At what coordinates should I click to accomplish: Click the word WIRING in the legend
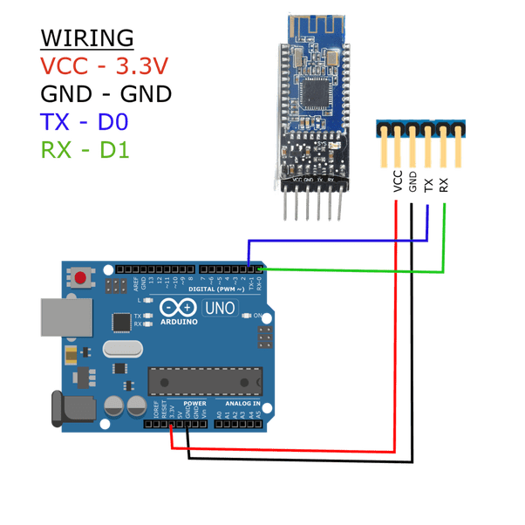(87, 38)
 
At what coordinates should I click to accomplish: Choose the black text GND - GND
(106, 93)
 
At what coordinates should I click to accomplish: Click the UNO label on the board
(219, 307)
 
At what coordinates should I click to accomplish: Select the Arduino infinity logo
(177, 308)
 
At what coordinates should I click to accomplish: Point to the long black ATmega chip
(205, 381)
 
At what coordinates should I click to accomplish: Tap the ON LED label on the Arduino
(259, 316)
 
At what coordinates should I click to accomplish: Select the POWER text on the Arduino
(194, 404)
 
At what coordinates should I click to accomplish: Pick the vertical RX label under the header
(444, 183)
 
